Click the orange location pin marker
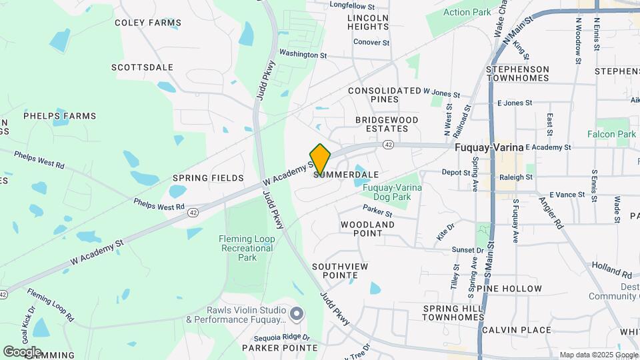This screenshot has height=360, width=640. (x=320, y=159)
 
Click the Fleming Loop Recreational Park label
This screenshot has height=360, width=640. (x=247, y=248)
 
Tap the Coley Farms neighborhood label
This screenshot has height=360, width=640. (x=147, y=23)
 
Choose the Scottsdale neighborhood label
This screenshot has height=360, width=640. (x=142, y=67)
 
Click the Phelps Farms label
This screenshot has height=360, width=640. (x=60, y=115)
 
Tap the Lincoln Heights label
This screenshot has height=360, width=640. (x=368, y=22)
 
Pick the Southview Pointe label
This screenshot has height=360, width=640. (x=339, y=270)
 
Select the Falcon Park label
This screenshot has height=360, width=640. (x=611, y=134)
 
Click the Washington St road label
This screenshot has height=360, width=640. (x=303, y=54)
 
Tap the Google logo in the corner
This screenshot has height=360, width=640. (x=22, y=351)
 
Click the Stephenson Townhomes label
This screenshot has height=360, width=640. (x=517, y=73)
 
